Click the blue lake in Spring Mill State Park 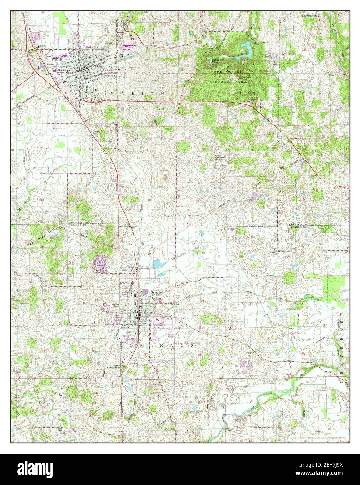(247, 49)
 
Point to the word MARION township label (138, 94)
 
